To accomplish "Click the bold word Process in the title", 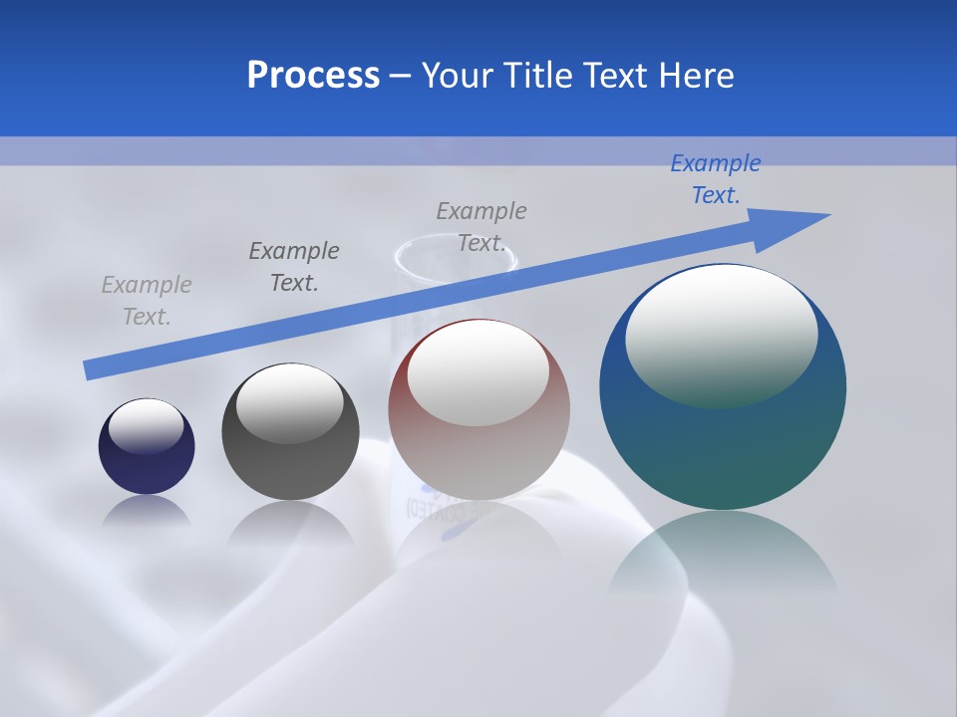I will click(313, 75).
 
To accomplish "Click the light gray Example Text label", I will click(147, 301).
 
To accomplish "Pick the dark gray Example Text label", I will click(294, 266).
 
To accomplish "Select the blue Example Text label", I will click(716, 179).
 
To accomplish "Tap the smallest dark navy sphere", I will click(147, 468).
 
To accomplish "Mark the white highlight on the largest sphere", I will click(722, 334).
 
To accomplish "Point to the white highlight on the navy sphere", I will click(147, 425).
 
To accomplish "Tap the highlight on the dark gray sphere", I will click(290, 403).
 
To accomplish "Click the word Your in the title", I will click(458, 75).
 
